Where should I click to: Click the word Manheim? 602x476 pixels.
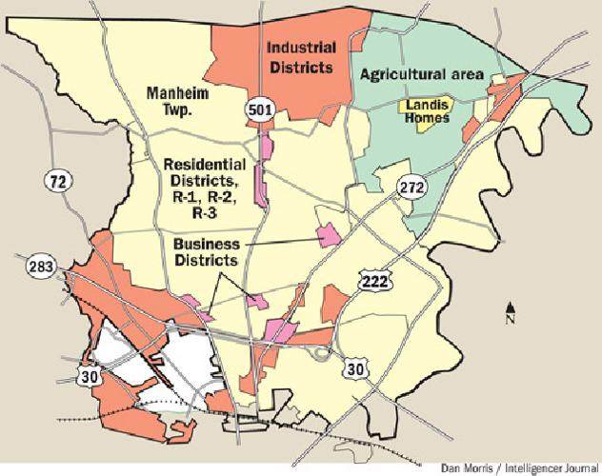[x=173, y=93]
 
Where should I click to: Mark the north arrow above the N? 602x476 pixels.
[x=512, y=306]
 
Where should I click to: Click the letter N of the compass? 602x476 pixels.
[x=512, y=320]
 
